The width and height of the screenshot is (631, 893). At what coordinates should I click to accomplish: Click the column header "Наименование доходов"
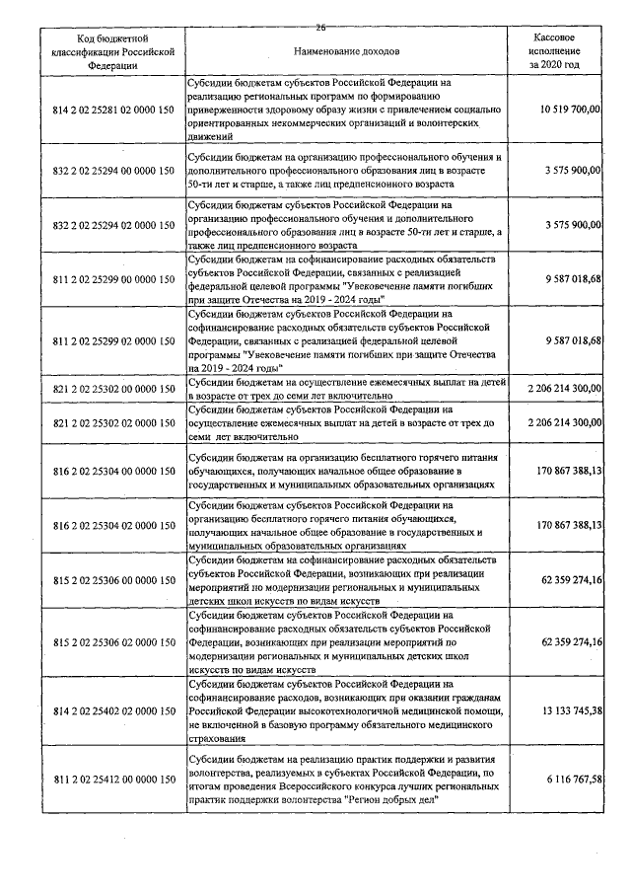pyautogui.click(x=345, y=49)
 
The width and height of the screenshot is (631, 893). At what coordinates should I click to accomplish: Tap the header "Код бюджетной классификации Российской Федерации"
pyautogui.click(x=111, y=50)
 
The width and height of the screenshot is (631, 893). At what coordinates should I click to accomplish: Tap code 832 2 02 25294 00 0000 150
pyautogui.click(x=111, y=171)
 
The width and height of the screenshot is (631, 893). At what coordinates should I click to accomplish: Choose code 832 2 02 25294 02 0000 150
pyautogui.click(x=111, y=225)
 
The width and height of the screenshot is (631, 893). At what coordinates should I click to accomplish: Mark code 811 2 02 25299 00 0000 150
pyautogui.click(x=111, y=279)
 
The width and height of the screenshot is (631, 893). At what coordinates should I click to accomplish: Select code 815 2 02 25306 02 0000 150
pyautogui.click(x=111, y=642)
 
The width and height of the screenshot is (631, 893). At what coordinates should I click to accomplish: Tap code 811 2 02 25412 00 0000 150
pyautogui.click(x=111, y=780)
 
